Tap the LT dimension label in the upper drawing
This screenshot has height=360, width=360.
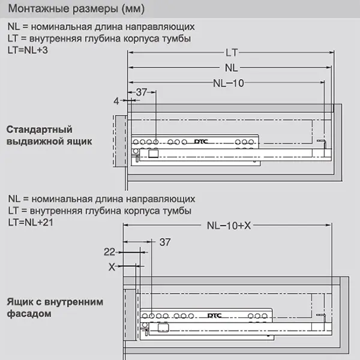231,52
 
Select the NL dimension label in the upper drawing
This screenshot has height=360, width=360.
231,67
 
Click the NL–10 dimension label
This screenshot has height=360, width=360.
228,83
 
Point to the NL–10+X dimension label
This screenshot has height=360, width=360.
228,225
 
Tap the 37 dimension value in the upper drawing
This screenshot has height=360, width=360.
141,92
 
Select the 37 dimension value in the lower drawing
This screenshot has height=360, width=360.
165,242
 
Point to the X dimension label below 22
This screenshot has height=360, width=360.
111,268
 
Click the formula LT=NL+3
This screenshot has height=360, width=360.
29,49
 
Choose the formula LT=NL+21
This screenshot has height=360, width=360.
31,221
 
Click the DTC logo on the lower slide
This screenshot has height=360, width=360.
215,315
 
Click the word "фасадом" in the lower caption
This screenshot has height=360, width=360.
29,313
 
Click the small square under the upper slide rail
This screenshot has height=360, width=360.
152,154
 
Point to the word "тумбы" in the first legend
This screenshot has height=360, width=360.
178,38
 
